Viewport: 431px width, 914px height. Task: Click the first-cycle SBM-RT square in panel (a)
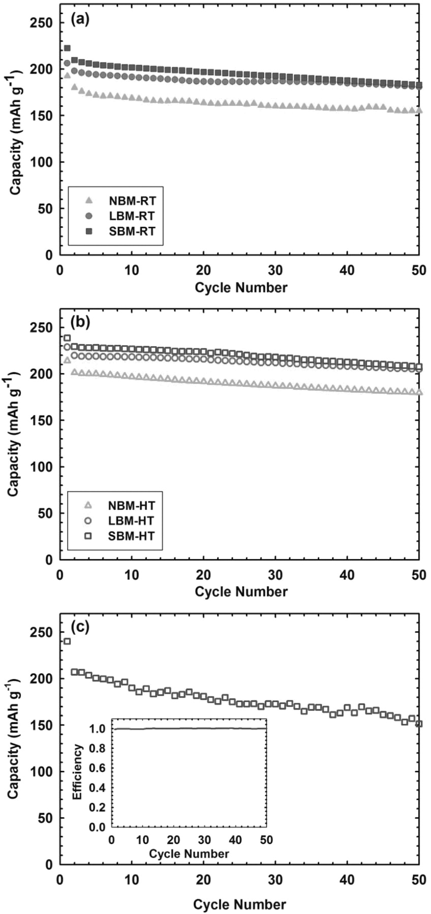67,48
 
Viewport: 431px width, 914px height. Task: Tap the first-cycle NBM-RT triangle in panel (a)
67,75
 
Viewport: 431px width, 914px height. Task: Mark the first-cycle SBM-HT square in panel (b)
67,338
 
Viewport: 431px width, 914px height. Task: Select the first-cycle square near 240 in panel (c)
67,641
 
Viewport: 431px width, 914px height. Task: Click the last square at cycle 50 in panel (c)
418,724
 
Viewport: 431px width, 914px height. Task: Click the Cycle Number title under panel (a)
240,288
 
